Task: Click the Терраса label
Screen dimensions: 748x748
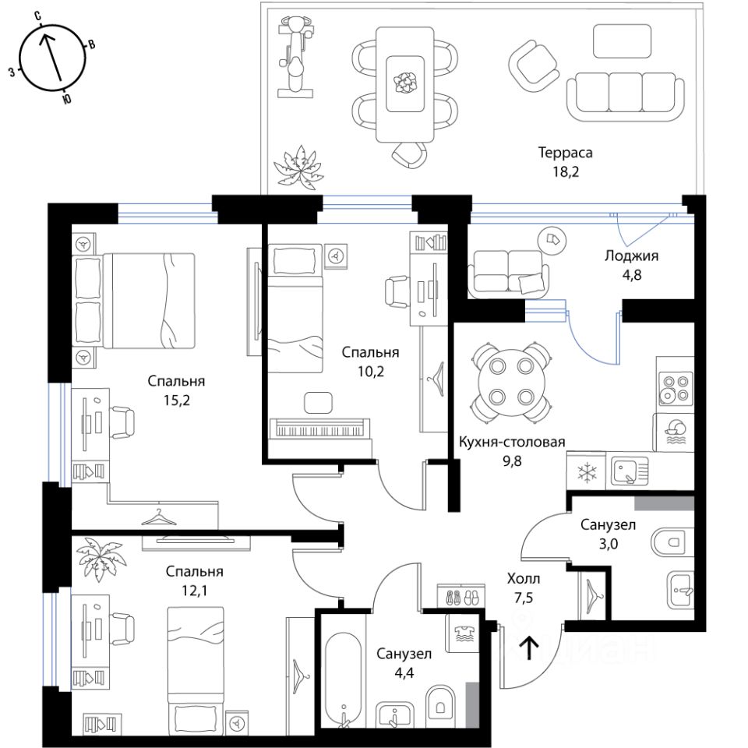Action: (566, 153)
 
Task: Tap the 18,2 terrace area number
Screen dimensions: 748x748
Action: (566, 171)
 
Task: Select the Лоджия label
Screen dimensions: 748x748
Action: (632, 256)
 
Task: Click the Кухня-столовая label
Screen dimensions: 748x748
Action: (512, 442)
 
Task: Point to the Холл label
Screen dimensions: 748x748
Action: (524, 579)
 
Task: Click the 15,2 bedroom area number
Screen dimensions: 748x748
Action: (177, 400)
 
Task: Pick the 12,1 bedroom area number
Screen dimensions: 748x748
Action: (194, 591)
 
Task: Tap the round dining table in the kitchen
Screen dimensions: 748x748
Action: (511, 382)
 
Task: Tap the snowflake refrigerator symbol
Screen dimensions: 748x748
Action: (585, 472)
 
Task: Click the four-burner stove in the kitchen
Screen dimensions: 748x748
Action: (676, 388)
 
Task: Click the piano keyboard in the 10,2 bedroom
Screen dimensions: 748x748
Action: (320, 428)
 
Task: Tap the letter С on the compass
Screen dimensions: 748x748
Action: (37, 16)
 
